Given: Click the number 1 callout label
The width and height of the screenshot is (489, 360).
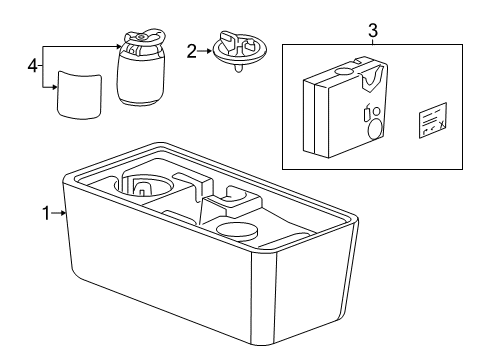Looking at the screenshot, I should click(46, 213).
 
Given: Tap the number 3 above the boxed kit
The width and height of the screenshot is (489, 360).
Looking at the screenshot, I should click(373, 30).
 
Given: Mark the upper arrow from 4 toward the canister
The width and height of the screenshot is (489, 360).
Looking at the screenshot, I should click(80, 47).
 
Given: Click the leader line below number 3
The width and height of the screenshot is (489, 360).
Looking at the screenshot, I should click(373, 41).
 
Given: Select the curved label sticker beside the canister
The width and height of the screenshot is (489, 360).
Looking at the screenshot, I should click(77, 92).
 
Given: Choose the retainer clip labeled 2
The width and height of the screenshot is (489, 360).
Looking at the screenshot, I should click(241, 49).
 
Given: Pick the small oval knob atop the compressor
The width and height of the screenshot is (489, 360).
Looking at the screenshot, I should click(344, 71).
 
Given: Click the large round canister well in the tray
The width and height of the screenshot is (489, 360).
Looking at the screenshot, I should click(147, 185).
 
